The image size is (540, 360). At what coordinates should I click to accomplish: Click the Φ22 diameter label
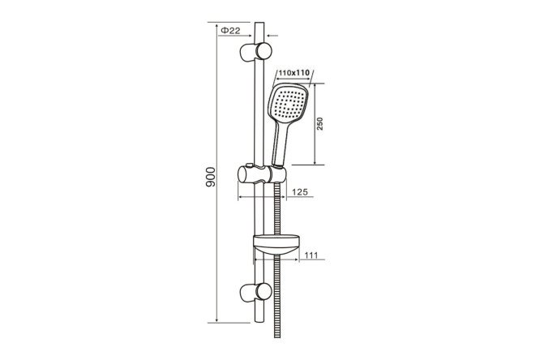230,30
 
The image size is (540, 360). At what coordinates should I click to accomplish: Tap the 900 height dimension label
210,177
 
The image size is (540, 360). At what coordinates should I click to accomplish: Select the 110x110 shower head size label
294,73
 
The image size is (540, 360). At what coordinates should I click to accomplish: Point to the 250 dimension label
320,124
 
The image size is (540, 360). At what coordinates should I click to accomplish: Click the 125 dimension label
300,192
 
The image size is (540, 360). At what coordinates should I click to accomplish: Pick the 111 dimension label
311,255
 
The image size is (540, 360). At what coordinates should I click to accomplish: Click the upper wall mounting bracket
255,52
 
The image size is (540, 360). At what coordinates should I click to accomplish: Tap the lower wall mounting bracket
255,293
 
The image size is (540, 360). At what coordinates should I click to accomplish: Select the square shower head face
288,103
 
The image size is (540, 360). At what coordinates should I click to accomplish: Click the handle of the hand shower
280,144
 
